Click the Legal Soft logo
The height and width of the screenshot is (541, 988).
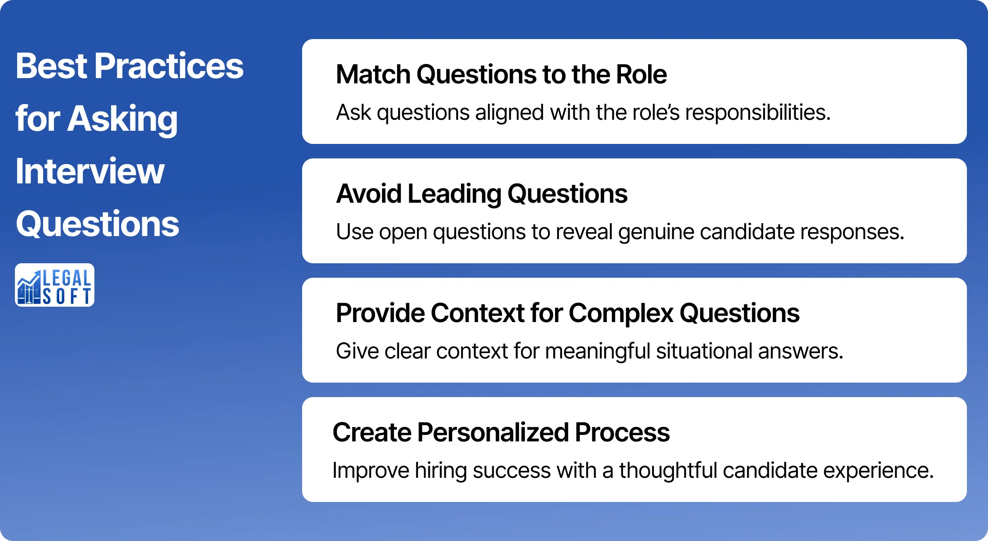tap(54, 285)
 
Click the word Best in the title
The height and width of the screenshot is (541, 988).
tap(51, 66)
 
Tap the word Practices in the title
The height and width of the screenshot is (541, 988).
tap(169, 66)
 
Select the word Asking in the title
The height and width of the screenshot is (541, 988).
tap(122, 119)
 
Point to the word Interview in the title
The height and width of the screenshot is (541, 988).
tap(90, 172)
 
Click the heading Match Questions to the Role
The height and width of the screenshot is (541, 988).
tap(501, 74)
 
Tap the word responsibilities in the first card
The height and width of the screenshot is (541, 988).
tap(757, 113)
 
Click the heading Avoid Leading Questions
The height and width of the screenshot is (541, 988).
tap(481, 194)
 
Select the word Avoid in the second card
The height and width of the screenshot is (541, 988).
tap(368, 194)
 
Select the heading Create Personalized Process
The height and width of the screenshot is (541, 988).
tap(501, 433)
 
